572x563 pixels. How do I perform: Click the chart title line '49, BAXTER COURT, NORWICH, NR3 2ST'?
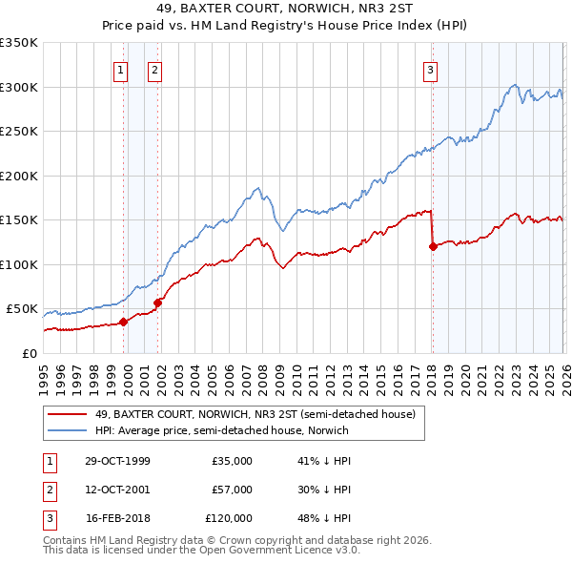(x=285, y=10)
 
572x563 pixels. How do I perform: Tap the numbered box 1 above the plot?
(x=122, y=69)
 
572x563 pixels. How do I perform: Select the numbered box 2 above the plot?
(x=154, y=69)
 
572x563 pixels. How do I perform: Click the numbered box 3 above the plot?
(x=430, y=69)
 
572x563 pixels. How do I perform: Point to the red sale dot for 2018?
(x=433, y=246)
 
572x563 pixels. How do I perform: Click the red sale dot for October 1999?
(x=123, y=322)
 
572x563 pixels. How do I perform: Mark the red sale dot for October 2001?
(x=157, y=302)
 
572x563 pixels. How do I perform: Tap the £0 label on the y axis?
(x=29, y=353)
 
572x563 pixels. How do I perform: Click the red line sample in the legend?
(x=68, y=415)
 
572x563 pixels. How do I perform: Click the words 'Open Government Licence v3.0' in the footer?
(x=295, y=552)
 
